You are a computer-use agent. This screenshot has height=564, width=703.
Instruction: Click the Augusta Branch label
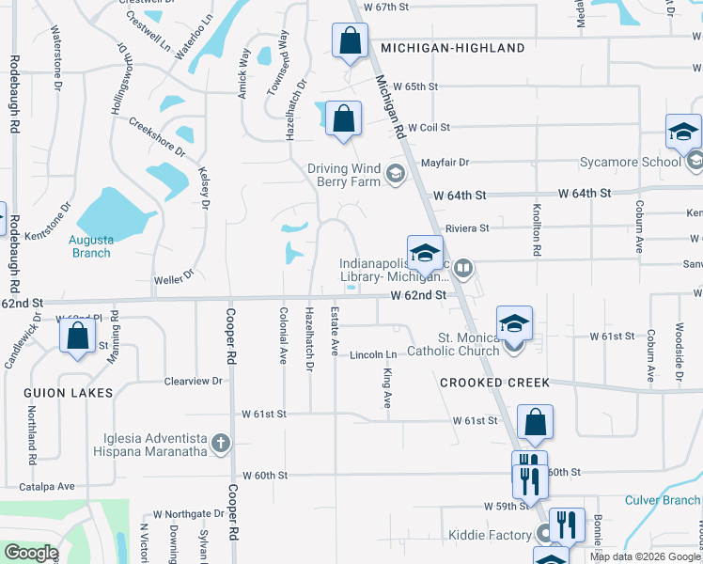[x=90, y=246]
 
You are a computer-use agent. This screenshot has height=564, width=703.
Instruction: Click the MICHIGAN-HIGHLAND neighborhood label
[x=453, y=48]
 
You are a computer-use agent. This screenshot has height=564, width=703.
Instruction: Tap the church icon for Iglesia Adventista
[x=221, y=443]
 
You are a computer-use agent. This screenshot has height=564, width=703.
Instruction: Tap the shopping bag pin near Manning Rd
[x=78, y=336]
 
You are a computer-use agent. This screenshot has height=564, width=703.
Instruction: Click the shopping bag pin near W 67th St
[x=350, y=41]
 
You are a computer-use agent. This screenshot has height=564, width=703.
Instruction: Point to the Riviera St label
[x=467, y=227]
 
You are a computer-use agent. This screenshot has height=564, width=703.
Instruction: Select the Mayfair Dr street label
[x=444, y=163]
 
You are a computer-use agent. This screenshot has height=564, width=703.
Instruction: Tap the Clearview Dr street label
[x=193, y=382]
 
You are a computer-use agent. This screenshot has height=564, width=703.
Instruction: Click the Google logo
[x=31, y=553]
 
